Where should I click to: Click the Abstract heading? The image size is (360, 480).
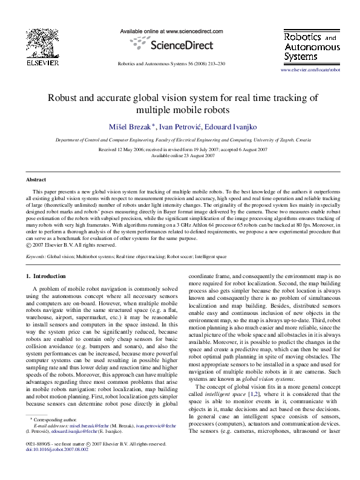tap(36, 180)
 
